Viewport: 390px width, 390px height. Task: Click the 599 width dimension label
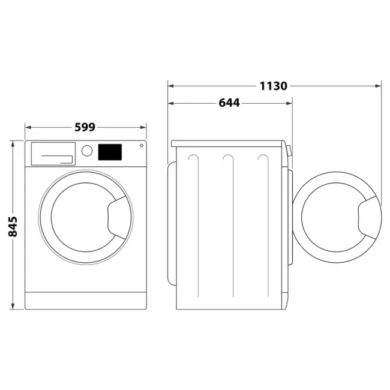point(86,127)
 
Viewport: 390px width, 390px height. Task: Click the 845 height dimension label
point(13,226)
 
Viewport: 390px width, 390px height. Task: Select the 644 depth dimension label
point(229,103)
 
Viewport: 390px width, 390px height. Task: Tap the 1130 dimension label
point(274,86)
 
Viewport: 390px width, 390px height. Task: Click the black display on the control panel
point(110,152)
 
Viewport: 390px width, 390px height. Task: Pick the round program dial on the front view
point(87,151)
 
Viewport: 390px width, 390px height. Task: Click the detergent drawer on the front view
point(52,154)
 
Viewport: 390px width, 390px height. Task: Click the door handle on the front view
point(118,214)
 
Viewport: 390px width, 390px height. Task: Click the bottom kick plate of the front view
point(86,301)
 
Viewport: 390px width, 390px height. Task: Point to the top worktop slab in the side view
point(228,143)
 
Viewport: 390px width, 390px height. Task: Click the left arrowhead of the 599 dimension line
point(26,127)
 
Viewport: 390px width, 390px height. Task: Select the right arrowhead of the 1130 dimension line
point(379,86)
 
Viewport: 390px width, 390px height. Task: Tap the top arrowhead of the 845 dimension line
point(13,143)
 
